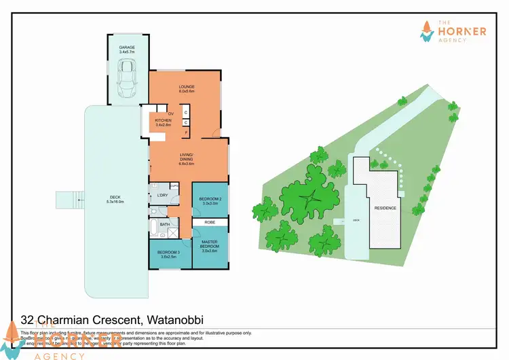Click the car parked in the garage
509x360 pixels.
point(127,78)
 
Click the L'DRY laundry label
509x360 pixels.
point(162,196)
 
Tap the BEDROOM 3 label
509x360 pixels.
point(168,253)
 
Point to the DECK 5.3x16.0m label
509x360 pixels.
point(115,200)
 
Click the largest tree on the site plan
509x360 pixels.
point(310,198)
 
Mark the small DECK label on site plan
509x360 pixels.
point(356,221)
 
